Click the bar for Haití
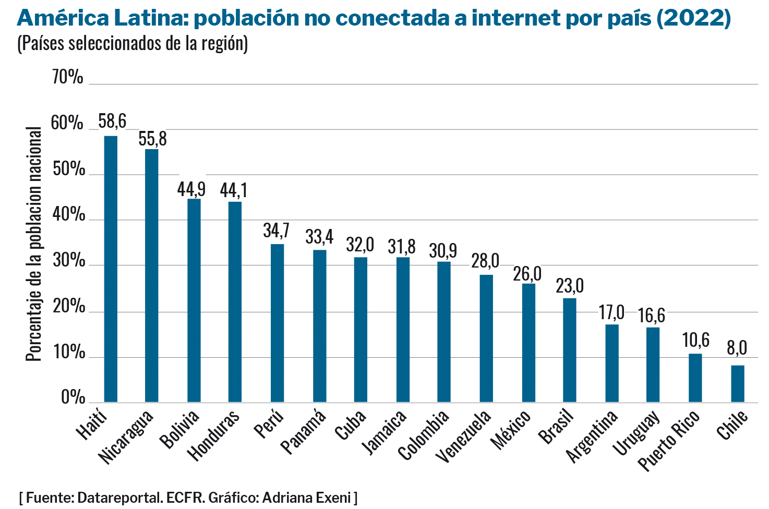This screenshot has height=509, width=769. point(111,269)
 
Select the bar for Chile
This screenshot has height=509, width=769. point(737,384)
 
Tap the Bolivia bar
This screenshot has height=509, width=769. point(194,300)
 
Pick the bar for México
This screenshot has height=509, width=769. point(528,343)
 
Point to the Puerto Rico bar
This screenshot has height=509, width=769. point(695,378)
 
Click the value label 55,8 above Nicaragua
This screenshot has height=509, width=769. point(152,139)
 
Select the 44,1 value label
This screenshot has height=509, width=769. point(234,190)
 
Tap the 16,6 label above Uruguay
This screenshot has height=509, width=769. point(652,316)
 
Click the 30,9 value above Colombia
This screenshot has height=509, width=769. point(443,251)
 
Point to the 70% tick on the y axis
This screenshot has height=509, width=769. point(68,78)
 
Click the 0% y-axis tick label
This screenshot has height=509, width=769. point(73,397)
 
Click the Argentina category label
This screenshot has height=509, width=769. point(592,435)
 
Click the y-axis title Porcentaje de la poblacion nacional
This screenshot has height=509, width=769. point(33,244)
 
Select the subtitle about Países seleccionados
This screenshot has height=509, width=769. point(133,44)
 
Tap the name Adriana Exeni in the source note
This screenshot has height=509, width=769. point(307,498)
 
